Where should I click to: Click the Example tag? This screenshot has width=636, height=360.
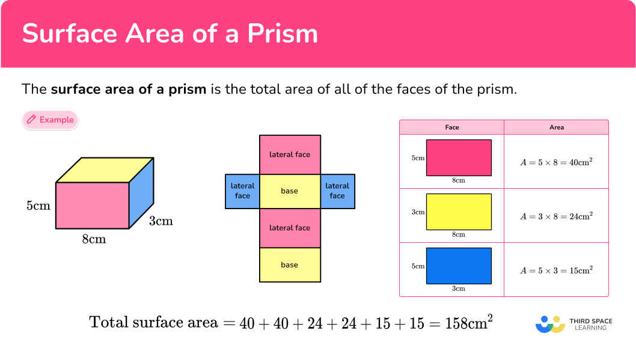click(x=50, y=120)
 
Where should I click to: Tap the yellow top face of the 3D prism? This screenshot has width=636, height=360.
click(x=105, y=169)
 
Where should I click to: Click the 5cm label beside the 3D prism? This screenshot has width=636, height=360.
click(x=38, y=206)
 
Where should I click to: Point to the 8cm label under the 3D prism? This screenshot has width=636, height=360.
click(x=94, y=239)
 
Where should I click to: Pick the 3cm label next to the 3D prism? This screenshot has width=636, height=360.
click(x=161, y=221)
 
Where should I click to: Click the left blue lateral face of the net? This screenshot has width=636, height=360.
click(x=242, y=191)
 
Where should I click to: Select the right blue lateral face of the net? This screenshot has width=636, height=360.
click(x=337, y=191)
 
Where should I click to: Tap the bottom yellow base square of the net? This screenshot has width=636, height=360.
click(x=289, y=265)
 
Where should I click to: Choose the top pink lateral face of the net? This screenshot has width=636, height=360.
click(x=290, y=154)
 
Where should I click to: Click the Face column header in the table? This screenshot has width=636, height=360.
click(x=452, y=127)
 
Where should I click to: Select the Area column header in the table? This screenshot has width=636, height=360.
click(x=556, y=127)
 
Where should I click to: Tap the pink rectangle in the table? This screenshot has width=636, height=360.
click(x=459, y=157)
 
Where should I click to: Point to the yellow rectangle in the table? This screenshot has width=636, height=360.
click(x=459, y=212)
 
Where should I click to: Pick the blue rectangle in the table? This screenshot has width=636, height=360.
click(x=459, y=266)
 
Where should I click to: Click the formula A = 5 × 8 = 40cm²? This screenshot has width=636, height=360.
click(x=556, y=162)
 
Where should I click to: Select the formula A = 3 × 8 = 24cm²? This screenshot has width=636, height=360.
click(x=556, y=216)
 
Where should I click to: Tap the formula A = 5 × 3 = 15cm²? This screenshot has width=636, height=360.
click(x=556, y=270)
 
